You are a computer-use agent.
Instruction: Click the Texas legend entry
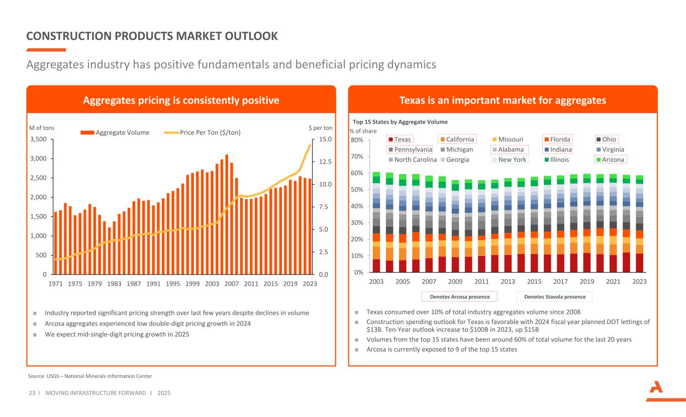click(399, 139)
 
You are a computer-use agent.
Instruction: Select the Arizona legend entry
click(610, 159)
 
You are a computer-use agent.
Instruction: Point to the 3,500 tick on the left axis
click(38, 139)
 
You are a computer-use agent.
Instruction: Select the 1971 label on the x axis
click(56, 284)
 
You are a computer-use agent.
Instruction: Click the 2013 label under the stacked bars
click(508, 282)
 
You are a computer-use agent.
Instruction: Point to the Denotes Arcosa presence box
click(459, 297)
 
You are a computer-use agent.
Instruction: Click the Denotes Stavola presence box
click(555, 297)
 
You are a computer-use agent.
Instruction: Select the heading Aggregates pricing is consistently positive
click(181, 101)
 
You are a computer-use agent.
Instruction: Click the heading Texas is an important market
click(503, 101)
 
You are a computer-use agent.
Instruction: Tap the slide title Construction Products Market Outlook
click(152, 36)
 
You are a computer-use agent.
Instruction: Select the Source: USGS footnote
click(90, 376)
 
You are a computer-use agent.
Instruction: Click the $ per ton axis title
click(321, 128)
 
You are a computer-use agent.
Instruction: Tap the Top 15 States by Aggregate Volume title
click(400, 122)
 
